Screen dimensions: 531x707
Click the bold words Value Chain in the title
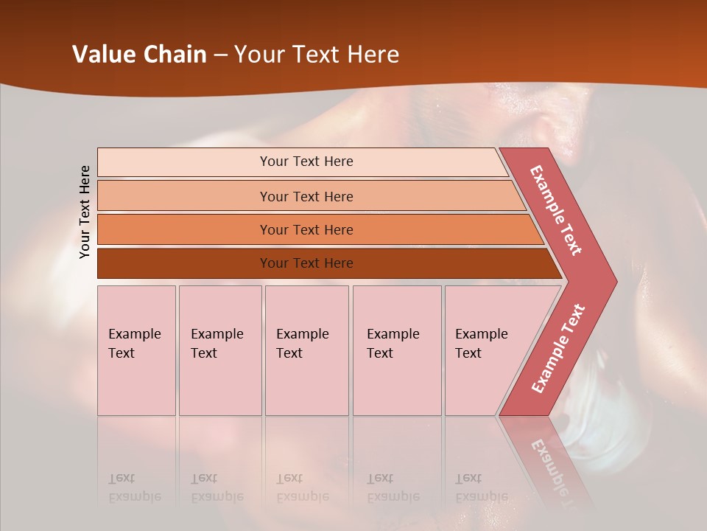click(x=139, y=55)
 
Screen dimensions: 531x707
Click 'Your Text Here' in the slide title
click(x=317, y=55)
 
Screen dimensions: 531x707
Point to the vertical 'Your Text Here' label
click(x=85, y=212)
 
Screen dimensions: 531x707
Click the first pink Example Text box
click(x=136, y=350)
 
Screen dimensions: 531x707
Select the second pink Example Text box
click(x=220, y=350)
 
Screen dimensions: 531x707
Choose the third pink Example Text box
click(x=306, y=350)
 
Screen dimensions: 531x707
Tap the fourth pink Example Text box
click(x=397, y=350)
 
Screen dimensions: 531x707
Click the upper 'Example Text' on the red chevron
click(x=556, y=210)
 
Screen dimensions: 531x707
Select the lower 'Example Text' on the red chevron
click(x=558, y=348)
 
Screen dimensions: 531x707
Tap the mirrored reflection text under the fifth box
click(x=481, y=487)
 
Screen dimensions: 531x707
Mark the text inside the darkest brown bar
click(x=306, y=263)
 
